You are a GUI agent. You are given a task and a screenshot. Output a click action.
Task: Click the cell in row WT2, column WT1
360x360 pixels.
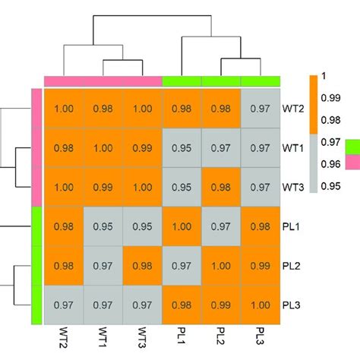pos(103,109)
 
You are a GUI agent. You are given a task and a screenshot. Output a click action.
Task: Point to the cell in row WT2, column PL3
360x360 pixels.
pos(261,109)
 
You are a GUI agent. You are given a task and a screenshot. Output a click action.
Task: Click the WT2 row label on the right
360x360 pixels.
pos(293,109)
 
